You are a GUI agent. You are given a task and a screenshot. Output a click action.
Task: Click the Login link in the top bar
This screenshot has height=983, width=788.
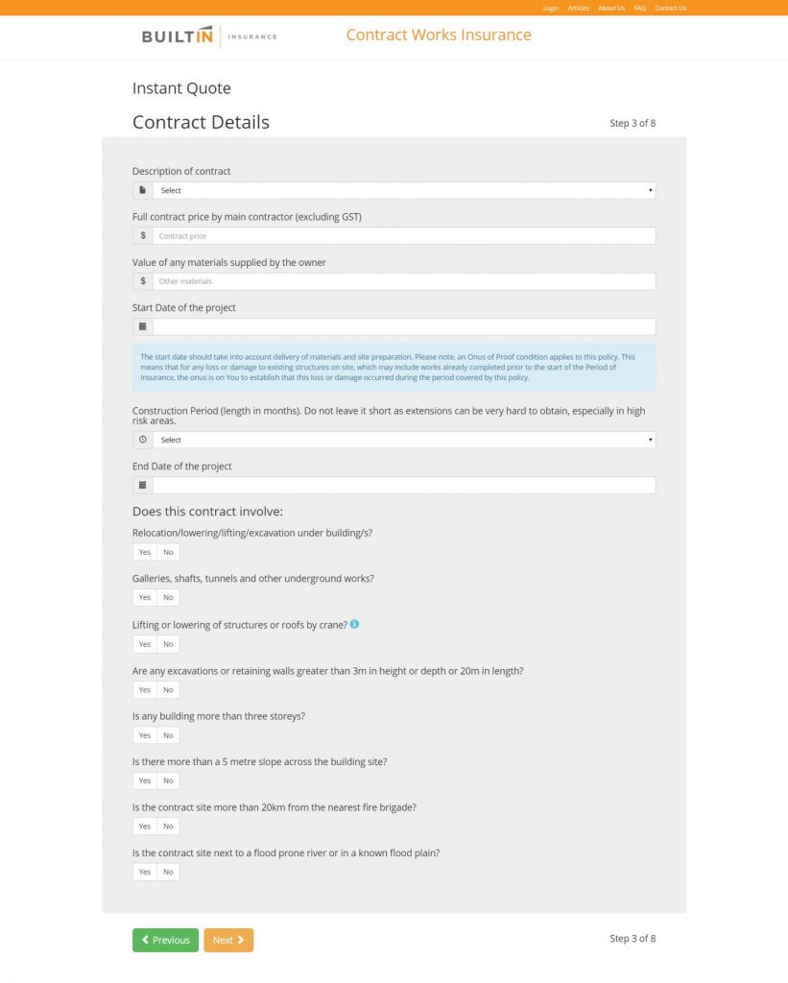click(x=550, y=8)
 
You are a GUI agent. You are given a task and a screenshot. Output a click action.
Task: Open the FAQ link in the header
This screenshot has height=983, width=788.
click(x=640, y=8)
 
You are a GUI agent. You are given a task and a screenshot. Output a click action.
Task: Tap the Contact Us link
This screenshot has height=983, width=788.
click(x=671, y=8)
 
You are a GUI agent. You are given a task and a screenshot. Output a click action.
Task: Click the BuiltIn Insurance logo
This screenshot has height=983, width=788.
click(x=209, y=36)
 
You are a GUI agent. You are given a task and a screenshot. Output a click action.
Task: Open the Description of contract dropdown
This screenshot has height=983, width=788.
click(x=403, y=190)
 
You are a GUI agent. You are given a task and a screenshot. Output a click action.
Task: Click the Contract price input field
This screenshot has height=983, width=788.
click(x=403, y=235)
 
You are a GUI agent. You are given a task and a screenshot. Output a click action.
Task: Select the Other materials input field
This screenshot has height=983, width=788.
click(x=403, y=281)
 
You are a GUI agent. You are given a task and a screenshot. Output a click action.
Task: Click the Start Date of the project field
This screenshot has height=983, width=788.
click(x=403, y=326)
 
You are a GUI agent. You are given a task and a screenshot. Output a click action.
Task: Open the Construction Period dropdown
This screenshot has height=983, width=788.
click(x=403, y=440)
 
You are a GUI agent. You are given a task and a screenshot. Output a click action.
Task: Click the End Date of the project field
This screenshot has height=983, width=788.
click(x=403, y=485)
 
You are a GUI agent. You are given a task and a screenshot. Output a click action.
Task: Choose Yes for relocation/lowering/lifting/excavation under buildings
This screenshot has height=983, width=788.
click(x=144, y=552)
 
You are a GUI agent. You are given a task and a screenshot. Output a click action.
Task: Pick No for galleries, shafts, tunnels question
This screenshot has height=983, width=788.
click(x=168, y=597)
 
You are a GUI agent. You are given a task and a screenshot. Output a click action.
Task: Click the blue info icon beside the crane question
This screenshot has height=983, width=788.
click(x=354, y=624)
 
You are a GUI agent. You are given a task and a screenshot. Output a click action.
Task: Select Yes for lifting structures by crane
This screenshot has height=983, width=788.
click(x=144, y=644)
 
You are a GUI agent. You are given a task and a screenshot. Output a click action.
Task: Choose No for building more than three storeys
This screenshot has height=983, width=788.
click(x=168, y=735)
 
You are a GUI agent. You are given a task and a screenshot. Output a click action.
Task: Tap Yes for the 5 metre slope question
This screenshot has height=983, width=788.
click(x=144, y=780)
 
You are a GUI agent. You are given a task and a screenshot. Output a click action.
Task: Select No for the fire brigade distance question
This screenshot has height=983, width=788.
click(x=168, y=827)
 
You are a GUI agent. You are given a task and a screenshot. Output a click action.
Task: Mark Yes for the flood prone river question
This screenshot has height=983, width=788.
click(x=144, y=872)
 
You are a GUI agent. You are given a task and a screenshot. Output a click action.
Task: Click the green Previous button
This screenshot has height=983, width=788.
click(x=165, y=940)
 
